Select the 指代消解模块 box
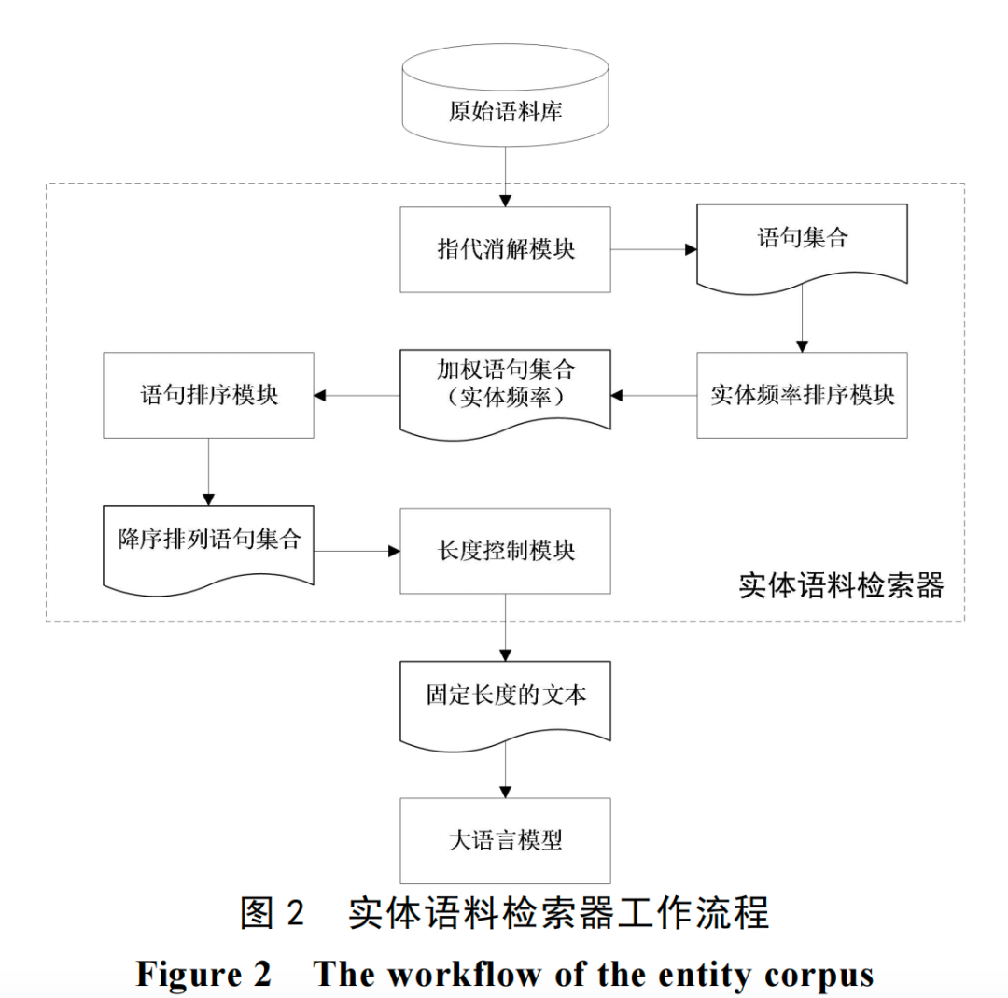pyautogui.click(x=505, y=249)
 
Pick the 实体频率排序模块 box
pyautogui.click(x=802, y=395)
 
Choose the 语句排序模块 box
pyautogui.click(x=208, y=395)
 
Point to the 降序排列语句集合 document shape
pyautogui.click(x=208, y=544)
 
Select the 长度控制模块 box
pyautogui.click(x=505, y=551)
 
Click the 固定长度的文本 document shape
pyautogui.click(x=505, y=698)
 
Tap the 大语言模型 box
pyautogui.click(x=505, y=840)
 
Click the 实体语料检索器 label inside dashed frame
pyautogui.click(x=841, y=585)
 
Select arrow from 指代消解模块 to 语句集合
pyautogui.click(x=653, y=249)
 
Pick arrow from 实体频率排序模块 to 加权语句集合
pyautogui.click(x=653, y=396)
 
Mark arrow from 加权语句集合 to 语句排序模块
pyautogui.click(x=357, y=396)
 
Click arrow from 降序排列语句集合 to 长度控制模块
pyautogui.click(x=357, y=551)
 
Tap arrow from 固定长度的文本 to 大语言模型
pyautogui.click(x=505, y=772)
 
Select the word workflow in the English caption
pyautogui.click(x=464, y=974)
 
